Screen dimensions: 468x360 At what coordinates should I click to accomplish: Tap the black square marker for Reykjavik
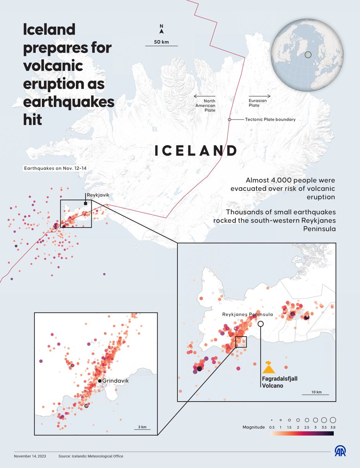tap(86, 203)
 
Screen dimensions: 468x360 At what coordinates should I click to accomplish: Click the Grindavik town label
tap(115, 381)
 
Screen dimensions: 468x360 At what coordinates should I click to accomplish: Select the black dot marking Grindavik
tap(100, 381)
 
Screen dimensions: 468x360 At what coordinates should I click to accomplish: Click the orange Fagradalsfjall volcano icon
tap(268, 368)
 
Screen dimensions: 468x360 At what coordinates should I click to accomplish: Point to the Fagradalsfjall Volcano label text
tap(279, 382)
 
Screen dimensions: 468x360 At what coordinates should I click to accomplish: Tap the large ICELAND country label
tap(196, 151)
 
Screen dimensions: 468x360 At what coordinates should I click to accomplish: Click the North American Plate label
tap(206, 105)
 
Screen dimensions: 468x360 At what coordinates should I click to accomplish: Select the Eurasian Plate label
tap(258, 103)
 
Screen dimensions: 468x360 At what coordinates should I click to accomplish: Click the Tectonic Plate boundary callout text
tap(270, 120)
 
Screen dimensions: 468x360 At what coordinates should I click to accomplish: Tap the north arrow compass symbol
tap(161, 29)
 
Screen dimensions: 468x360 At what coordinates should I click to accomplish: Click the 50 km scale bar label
tap(161, 42)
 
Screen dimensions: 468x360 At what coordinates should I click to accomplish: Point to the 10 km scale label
tap(316, 392)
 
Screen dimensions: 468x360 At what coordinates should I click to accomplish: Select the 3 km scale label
tap(142, 427)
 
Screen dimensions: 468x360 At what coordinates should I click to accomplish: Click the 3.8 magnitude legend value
tap(333, 428)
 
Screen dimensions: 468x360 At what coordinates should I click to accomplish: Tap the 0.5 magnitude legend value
tap(272, 428)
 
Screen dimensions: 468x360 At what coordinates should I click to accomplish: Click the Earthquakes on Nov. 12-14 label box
tap(55, 168)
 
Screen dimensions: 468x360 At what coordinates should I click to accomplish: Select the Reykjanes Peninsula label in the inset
tap(248, 314)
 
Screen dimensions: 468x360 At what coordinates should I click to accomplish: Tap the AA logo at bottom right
tap(340, 451)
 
